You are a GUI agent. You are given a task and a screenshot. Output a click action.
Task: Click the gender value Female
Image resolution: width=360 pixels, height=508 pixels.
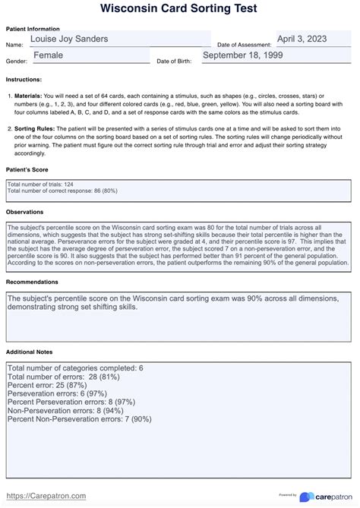[x=48, y=55]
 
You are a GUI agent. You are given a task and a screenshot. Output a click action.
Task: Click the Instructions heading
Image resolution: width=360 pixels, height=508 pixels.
[x=24, y=79]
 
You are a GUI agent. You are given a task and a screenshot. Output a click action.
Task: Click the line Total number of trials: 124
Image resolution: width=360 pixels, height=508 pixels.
[x=39, y=184]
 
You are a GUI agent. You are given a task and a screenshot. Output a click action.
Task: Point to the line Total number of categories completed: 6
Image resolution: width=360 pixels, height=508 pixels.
[x=75, y=368]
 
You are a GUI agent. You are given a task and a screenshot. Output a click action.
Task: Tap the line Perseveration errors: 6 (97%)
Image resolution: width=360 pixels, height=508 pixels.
[x=58, y=394]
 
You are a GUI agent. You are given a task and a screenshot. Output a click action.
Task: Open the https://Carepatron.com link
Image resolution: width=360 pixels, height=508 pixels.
[x=46, y=496]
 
